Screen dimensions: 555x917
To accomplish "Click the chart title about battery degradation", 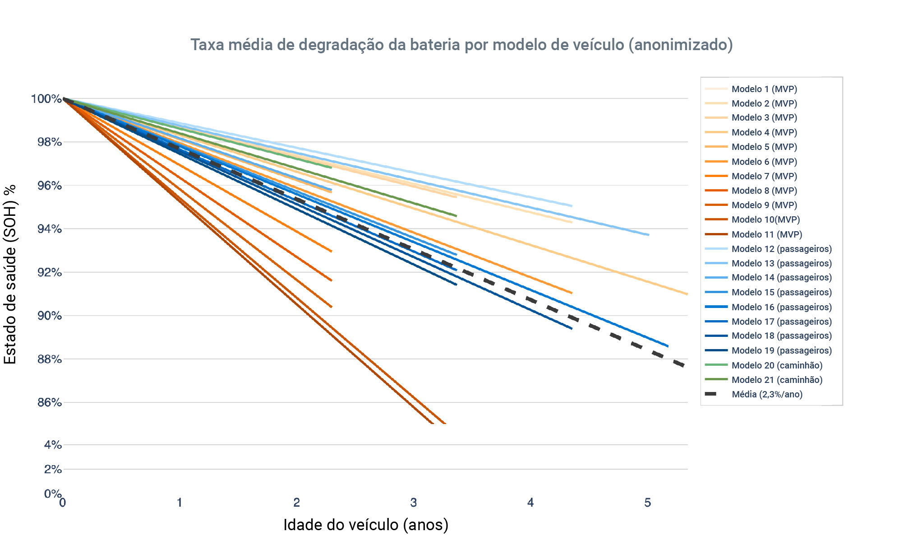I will [x=461, y=45].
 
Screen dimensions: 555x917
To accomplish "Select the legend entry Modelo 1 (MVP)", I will [x=764, y=89].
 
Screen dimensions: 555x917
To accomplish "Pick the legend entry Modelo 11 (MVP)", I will [x=766, y=234].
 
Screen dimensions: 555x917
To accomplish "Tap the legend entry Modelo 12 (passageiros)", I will [x=781, y=249].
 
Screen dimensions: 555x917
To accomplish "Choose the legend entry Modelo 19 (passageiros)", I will [x=781, y=350].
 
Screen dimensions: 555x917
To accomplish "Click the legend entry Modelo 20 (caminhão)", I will [x=777, y=365].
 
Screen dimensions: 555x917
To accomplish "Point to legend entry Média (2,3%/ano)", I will [x=767, y=394].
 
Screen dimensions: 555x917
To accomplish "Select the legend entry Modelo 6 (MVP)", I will [x=764, y=162].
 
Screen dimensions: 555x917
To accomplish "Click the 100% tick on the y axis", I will [x=46, y=98].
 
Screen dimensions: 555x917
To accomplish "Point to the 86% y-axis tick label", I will [x=49, y=402].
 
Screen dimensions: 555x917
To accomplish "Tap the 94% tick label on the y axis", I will [x=49, y=229].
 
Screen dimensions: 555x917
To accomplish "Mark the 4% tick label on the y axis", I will [x=53, y=445].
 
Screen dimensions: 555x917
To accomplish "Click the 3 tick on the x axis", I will [x=414, y=503].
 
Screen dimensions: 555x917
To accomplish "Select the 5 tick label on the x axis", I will [x=648, y=503].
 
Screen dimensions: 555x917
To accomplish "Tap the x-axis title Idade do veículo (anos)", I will [x=366, y=525].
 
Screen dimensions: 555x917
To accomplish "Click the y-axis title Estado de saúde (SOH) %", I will [x=10, y=274].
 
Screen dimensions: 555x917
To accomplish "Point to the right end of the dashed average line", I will [x=684, y=365].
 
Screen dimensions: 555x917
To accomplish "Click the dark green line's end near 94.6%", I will [x=456, y=216].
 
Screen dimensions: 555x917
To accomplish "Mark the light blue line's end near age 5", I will [x=648, y=235].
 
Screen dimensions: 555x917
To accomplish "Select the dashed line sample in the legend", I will [x=711, y=394].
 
